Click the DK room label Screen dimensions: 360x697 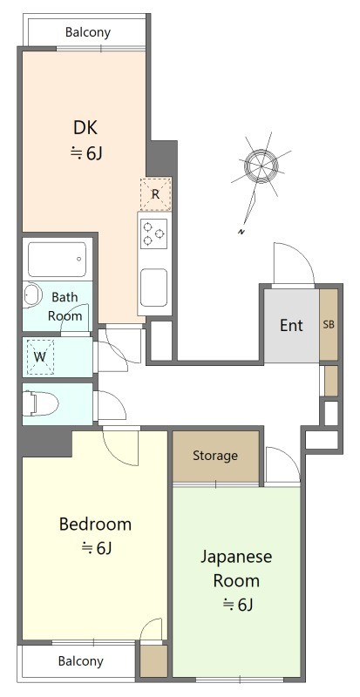tap(85, 128)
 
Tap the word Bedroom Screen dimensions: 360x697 tap(95, 524)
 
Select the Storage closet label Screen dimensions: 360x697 tap(215, 456)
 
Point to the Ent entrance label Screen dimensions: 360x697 tap(291, 325)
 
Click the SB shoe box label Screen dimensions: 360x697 tap(329, 324)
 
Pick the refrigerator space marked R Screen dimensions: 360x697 tap(155, 193)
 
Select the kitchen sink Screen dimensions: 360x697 tap(154, 288)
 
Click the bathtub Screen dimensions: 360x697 tap(57, 260)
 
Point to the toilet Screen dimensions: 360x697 tap(40, 403)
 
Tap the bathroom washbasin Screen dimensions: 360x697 tap(31, 294)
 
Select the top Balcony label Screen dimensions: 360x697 tap(88, 32)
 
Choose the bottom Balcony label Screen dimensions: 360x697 tap(81, 661)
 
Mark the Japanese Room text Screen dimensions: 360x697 tap(236, 569)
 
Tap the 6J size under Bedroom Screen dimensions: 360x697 tap(96, 549)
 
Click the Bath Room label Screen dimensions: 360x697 tap(65, 307)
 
